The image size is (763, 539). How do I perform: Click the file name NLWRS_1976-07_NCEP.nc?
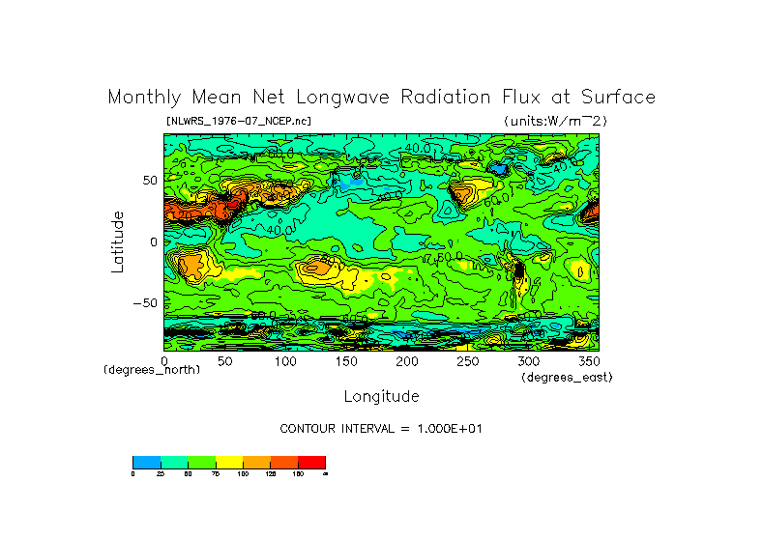click(x=239, y=121)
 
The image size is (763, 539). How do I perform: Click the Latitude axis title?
click(x=118, y=241)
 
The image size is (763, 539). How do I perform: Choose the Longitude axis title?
click(x=381, y=396)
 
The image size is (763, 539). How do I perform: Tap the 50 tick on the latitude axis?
click(x=150, y=181)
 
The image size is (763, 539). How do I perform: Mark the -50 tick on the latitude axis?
click(x=146, y=302)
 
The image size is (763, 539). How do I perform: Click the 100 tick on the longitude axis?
click(x=285, y=361)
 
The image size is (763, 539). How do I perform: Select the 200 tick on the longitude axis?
click(x=406, y=361)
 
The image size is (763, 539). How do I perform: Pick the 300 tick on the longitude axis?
click(x=527, y=361)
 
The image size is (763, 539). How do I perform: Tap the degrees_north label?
click(x=152, y=370)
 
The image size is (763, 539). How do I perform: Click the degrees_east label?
click(x=567, y=377)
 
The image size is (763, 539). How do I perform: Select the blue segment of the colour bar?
click(x=146, y=462)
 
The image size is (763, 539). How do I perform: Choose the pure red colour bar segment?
click(x=311, y=462)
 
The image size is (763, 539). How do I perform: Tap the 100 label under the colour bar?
click(x=243, y=474)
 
